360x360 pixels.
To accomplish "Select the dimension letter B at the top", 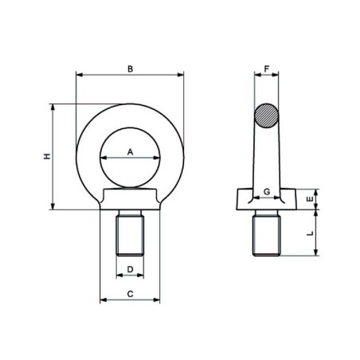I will click(x=131, y=68).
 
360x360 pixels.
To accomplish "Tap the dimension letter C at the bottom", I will click(x=131, y=293).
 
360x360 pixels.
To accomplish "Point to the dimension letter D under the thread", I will click(x=131, y=269).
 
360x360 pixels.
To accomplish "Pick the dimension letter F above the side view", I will click(x=267, y=68).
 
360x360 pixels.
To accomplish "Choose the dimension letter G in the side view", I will click(x=267, y=192).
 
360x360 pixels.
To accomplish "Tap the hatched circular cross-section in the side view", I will click(x=267, y=115).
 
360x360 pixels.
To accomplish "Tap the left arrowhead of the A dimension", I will click(x=102, y=158).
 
